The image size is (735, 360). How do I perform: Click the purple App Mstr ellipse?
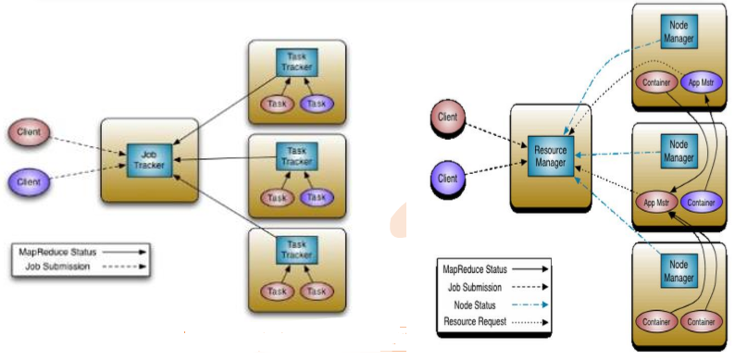pyautogui.click(x=701, y=83)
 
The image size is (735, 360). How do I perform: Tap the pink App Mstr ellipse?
pyautogui.click(x=656, y=202)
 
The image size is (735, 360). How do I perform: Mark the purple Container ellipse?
pyautogui.click(x=701, y=202)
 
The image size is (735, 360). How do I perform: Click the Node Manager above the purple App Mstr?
pyautogui.click(x=679, y=31)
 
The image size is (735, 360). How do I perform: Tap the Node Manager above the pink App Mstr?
pyautogui.click(x=679, y=151)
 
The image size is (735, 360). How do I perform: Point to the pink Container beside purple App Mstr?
pyautogui.click(x=656, y=83)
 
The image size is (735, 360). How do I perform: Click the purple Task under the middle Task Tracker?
pyautogui.click(x=318, y=197)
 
